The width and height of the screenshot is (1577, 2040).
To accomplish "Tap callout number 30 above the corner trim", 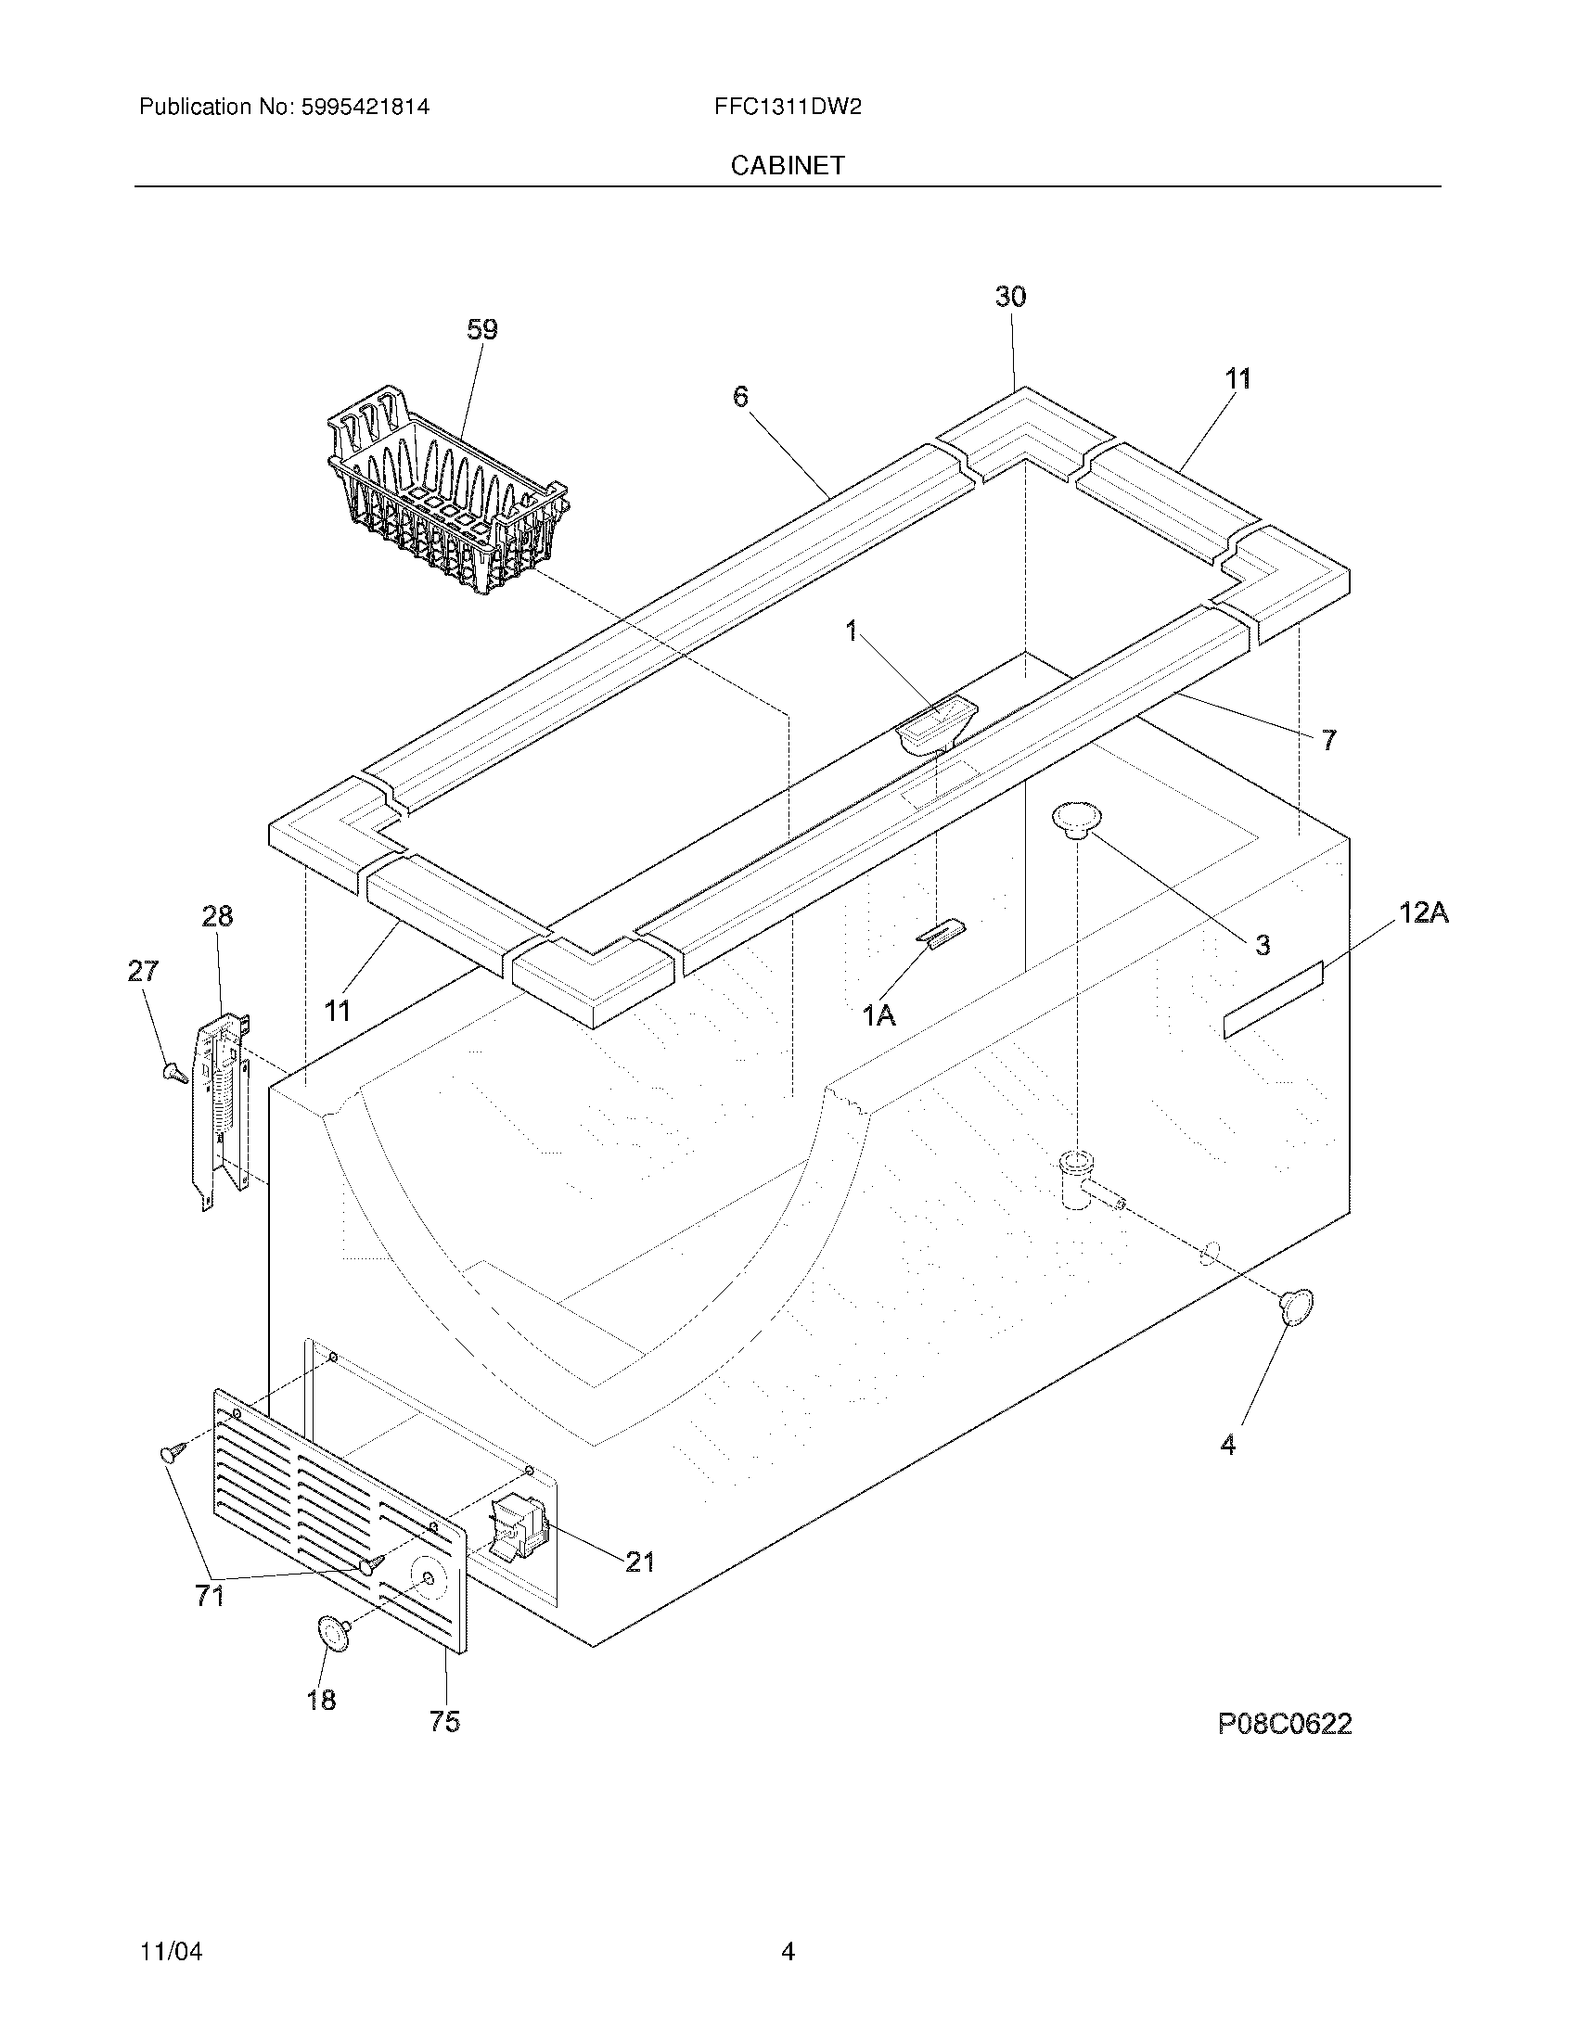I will pos(1010,297).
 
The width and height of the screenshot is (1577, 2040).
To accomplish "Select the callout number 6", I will pos(740,397).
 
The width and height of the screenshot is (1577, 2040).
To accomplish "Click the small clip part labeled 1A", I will pos(941,933).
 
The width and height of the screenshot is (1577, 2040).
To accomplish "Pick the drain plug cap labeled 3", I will pos(1076,821).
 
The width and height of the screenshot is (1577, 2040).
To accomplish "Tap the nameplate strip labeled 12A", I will pos(1274,1001).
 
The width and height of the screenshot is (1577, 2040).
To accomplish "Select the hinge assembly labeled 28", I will pos(223,1103).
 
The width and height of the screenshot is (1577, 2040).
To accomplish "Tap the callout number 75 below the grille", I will pos(444,1722).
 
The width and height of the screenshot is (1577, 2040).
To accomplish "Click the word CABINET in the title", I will pos(788,165).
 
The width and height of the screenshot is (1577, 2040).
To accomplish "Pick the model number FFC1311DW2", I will pos(788,107).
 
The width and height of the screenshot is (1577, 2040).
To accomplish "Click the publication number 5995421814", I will pos(365,107).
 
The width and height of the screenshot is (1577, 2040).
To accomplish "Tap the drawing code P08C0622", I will pos(1285,1724).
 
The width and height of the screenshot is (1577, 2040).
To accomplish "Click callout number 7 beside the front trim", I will pos(1328,741).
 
